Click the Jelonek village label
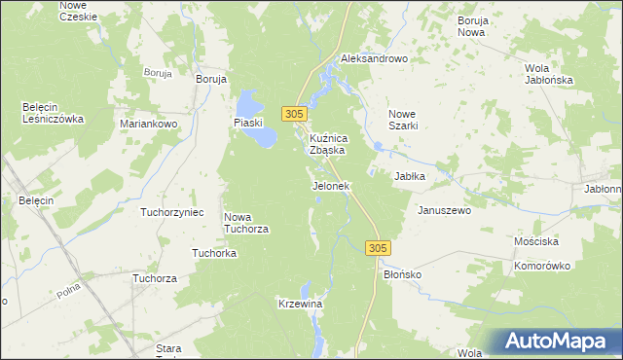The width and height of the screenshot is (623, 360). pos(330,185)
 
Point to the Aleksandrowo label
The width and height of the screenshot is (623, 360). pos(373,59)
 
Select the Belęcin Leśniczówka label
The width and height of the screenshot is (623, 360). pos(54,113)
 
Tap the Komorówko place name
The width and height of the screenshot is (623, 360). pos(542,265)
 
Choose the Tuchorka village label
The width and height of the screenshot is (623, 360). pos(215,253)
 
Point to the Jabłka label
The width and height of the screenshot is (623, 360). pos(411,176)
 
